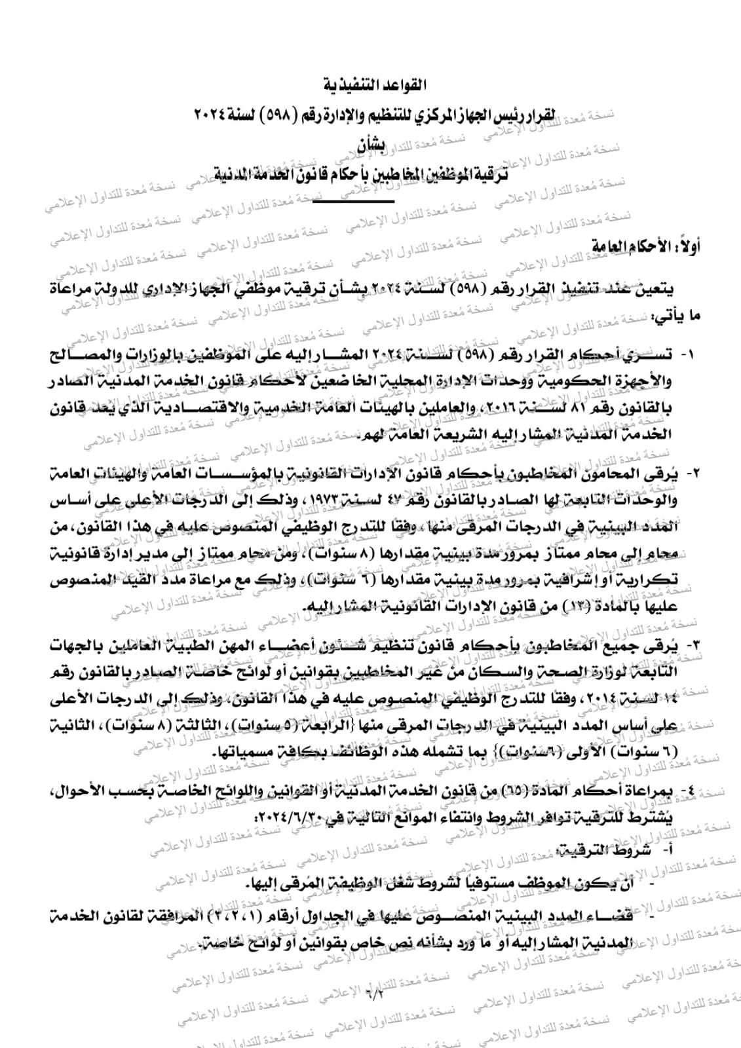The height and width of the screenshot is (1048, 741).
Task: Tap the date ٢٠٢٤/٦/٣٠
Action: tap(288, 818)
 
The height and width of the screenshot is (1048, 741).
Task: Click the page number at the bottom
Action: tap(375, 996)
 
